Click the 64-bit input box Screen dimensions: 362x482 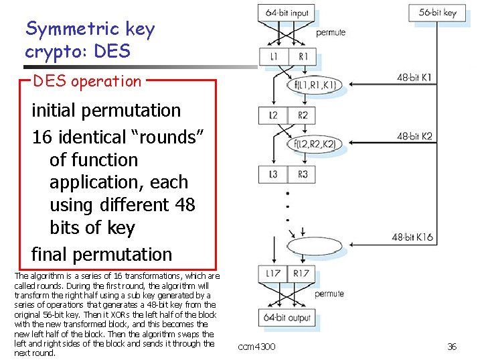click(x=287, y=13)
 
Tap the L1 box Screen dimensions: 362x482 click(x=273, y=57)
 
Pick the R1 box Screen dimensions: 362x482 click(x=303, y=57)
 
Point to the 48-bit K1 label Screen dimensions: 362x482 click(x=414, y=78)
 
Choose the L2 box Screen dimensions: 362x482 click(x=273, y=115)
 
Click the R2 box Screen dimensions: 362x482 click(x=303, y=115)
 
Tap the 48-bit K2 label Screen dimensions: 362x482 click(x=414, y=136)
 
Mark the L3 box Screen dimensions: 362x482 click(x=273, y=174)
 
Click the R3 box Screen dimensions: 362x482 click(x=303, y=174)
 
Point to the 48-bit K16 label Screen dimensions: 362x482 click(x=412, y=237)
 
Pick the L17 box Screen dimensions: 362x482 click(x=273, y=273)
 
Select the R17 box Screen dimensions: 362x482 click(x=302, y=273)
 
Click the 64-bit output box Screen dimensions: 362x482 click(x=287, y=317)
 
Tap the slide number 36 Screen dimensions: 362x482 click(x=452, y=347)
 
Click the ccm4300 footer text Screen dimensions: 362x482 click(x=257, y=347)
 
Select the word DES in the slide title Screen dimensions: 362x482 click(x=110, y=51)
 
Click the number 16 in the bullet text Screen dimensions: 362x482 click(x=42, y=137)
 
